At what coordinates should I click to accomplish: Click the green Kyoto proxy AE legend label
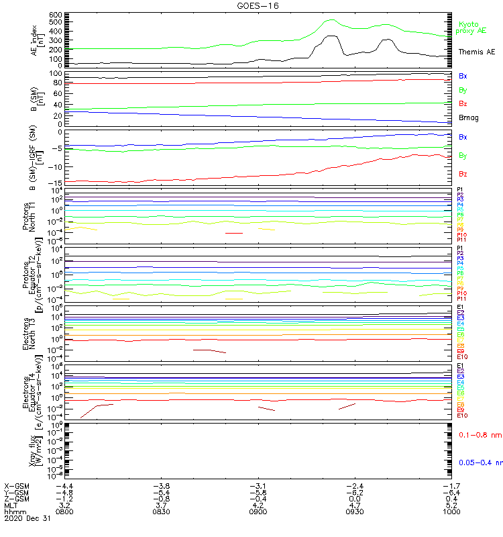click(x=471, y=28)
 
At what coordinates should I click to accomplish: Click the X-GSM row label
click(x=17, y=485)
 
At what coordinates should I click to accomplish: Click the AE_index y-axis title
click(x=36, y=40)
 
